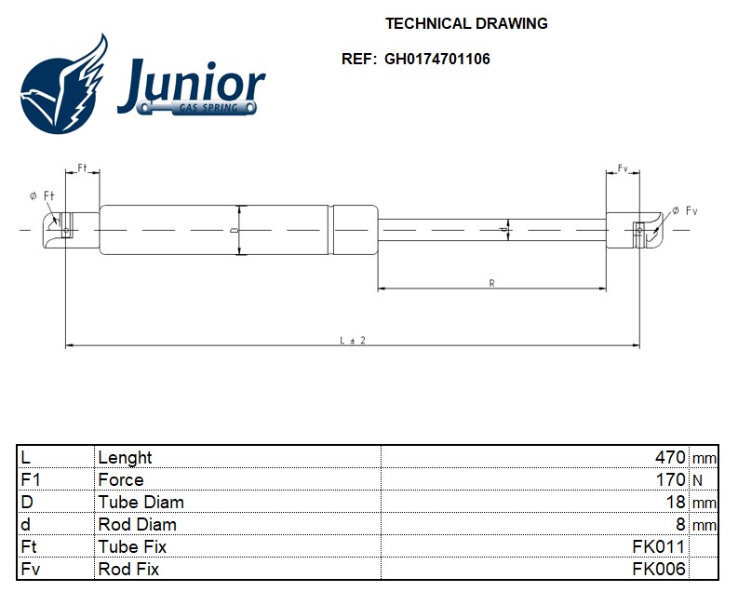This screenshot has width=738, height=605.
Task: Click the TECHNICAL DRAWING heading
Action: [x=466, y=23]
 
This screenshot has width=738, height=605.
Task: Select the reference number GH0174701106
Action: [x=436, y=59]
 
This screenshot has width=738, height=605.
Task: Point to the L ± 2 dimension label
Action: [x=352, y=341]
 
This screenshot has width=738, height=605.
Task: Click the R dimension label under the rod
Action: [x=491, y=283]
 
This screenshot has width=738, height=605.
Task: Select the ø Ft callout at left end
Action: [x=43, y=195]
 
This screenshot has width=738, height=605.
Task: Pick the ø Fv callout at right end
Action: [x=684, y=211]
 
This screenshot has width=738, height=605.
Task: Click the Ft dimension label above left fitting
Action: [x=82, y=168]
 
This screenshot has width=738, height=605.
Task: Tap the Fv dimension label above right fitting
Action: [x=623, y=168]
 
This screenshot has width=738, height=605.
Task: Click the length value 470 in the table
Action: [x=670, y=457]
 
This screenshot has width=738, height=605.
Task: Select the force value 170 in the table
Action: [x=670, y=479]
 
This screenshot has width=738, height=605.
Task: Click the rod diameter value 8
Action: [x=681, y=524]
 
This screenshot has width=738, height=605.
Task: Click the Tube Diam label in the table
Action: [x=141, y=502]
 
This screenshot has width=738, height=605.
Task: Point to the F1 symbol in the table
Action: [x=30, y=479]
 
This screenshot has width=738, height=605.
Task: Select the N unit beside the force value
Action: [x=697, y=480]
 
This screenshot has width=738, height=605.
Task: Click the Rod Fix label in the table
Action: [x=128, y=569]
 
